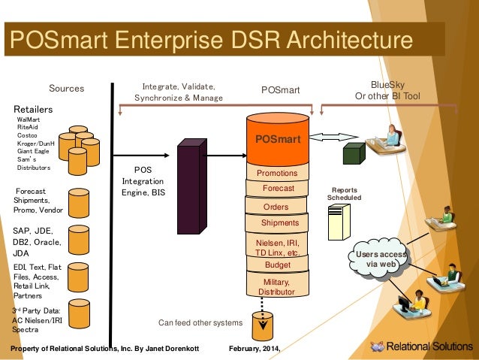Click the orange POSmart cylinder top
pos(278,140)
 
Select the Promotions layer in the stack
pos(277,174)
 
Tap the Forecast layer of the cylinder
pos(278,189)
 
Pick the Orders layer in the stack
pos(277,207)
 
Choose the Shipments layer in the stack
pos(279,223)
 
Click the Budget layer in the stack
pos(278,265)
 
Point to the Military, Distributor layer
pos(277,286)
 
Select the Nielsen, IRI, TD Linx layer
pos(278,247)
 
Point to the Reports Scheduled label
pos(344,194)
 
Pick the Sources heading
pos(66,89)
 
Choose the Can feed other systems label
pos(200,322)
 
